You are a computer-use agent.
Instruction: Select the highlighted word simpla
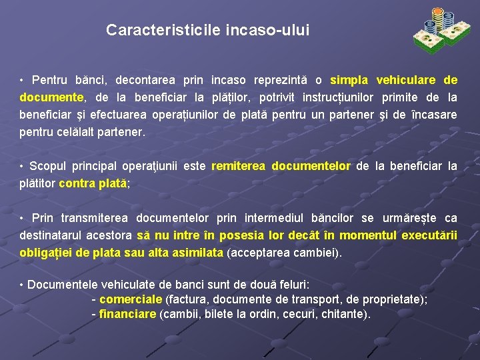click(x=351, y=80)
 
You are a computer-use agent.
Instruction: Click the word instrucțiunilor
click(x=339, y=97)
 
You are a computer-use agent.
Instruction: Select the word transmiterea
click(x=96, y=218)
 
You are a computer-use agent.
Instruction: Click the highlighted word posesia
click(x=239, y=235)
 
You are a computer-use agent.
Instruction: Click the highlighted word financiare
click(x=127, y=314)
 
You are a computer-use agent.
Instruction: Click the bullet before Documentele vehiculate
click(x=22, y=285)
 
